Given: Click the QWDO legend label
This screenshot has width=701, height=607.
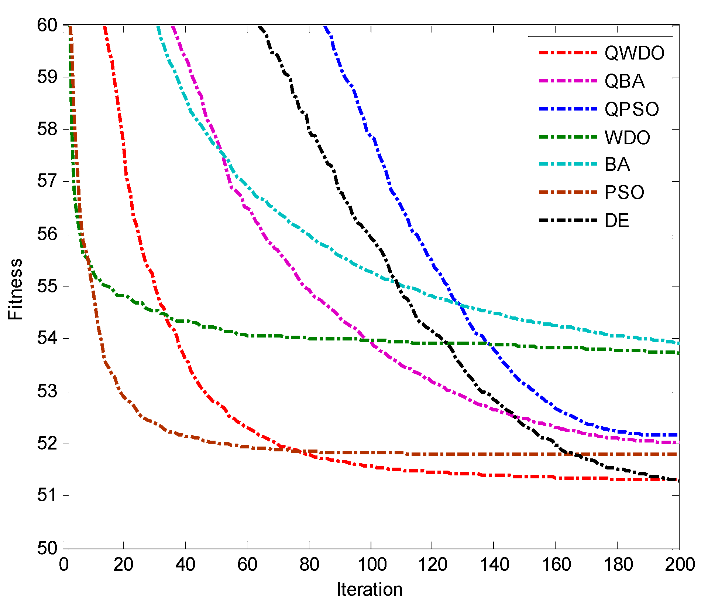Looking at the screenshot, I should pos(634,53).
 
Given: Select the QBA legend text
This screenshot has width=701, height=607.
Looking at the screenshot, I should pos(624,81).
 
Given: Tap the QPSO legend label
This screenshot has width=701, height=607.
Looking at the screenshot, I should pos(631,109).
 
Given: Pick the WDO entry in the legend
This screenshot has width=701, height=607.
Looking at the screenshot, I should pos(627,138).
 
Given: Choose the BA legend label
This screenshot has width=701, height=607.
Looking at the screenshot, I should pos(617,165).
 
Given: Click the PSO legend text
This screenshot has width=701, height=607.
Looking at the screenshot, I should pos(624,193).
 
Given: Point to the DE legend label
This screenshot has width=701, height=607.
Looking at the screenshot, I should pos(616,221).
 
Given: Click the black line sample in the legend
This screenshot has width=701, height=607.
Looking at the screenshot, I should pos(568,220).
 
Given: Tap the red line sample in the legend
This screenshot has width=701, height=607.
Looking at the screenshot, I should pos(568,53).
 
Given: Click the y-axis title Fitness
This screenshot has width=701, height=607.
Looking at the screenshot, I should pos(16,289).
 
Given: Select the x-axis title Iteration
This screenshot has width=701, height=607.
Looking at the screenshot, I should pos(370,590).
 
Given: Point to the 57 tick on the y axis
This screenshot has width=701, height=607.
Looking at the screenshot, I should pos(47,182).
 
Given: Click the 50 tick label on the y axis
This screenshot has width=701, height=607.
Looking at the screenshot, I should pos(47,548).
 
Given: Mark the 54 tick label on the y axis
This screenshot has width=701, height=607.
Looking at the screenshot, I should pos(47,338).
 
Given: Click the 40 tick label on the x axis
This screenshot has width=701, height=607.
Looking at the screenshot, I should pos(185,565).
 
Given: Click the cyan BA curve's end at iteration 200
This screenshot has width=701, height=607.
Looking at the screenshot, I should pos(678,343).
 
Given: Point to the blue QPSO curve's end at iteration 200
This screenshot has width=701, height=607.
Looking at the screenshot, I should pos(678,435).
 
